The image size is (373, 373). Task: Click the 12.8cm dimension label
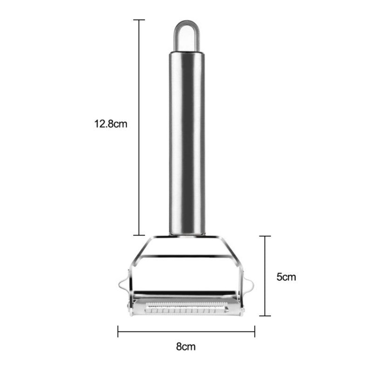pyautogui.click(x=111, y=124)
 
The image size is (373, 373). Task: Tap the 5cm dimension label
pyautogui.click(x=286, y=277)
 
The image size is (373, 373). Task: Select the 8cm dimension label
pyautogui.click(x=185, y=346)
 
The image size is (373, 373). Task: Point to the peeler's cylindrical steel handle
pyautogui.click(x=186, y=140)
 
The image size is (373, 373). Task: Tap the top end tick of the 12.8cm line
pyautogui.click(x=139, y=20)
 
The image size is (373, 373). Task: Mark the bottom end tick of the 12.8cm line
pyautogui.click(x=139, y=235)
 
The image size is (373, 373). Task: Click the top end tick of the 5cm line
pyautogui.click(x=265, y=236)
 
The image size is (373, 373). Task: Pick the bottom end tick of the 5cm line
pyautogui.click(x=265, y=316)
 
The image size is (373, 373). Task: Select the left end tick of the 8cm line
pyautogui.click(x=118, y=332)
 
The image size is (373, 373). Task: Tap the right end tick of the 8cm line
pyautogui.click(x=255, y=332)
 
